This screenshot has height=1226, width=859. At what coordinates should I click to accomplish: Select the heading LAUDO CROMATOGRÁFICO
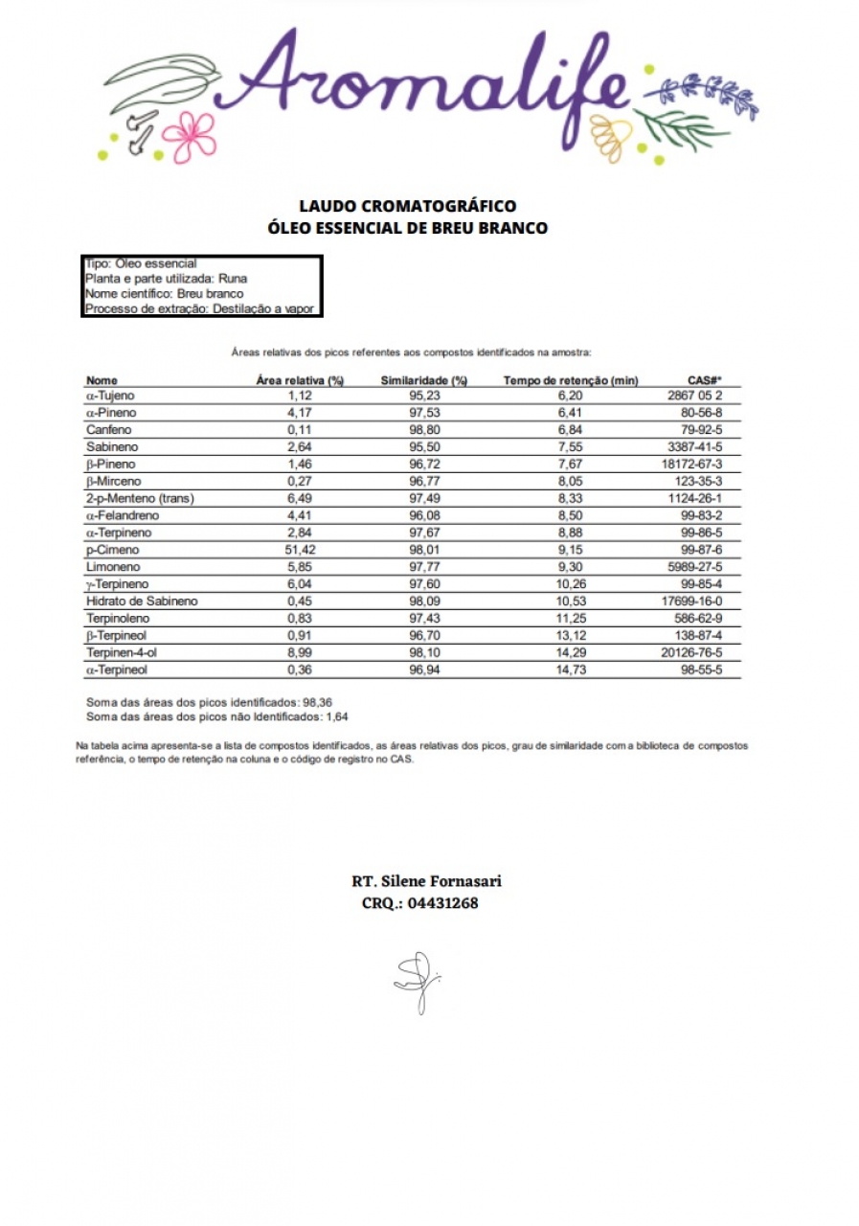(x=408, y=206)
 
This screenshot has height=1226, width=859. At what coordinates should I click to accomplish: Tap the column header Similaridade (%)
(x=423, y=380)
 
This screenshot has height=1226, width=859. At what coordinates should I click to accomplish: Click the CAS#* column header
(x=705, y=380)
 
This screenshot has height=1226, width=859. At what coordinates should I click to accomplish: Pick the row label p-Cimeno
(x=112, y=550)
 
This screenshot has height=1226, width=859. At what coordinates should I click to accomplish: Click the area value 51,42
(x=302, y=550)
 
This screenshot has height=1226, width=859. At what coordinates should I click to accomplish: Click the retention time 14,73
(x=571, y=670)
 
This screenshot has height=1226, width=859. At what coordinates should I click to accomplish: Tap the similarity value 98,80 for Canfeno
(x=423, y=430)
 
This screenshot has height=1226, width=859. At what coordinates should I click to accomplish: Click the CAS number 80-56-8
(x=700, y=413)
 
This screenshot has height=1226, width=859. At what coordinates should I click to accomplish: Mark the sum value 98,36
(x=318, y=701)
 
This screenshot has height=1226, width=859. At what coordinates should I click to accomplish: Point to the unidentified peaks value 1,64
(x=337, y=715)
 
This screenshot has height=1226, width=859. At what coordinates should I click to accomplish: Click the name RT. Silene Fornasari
(x=426, y=881)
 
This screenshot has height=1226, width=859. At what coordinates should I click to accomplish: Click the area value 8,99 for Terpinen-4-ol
(x=302, y=652)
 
